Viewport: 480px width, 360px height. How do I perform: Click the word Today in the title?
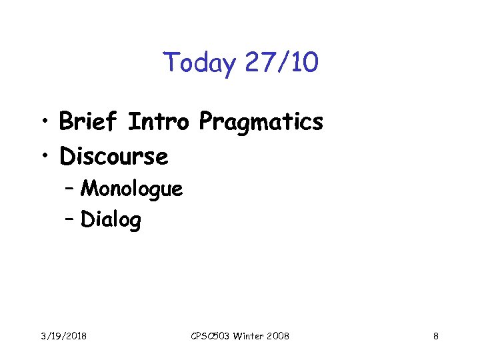[199, 64]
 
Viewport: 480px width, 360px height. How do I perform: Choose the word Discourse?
[113, 157]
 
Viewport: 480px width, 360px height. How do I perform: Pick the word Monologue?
[131, 190]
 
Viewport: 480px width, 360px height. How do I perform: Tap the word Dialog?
[111, 219]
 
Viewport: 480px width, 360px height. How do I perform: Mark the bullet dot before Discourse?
[45, 157]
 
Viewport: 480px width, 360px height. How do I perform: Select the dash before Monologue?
[70, 190]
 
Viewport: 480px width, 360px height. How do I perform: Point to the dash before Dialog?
[70, 219]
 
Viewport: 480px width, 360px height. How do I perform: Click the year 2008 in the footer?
[278, 336]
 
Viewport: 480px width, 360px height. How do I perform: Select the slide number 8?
[435, 336]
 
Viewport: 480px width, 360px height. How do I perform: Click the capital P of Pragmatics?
[207, 122]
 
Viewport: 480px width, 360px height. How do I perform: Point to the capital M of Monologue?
[89, 189]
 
